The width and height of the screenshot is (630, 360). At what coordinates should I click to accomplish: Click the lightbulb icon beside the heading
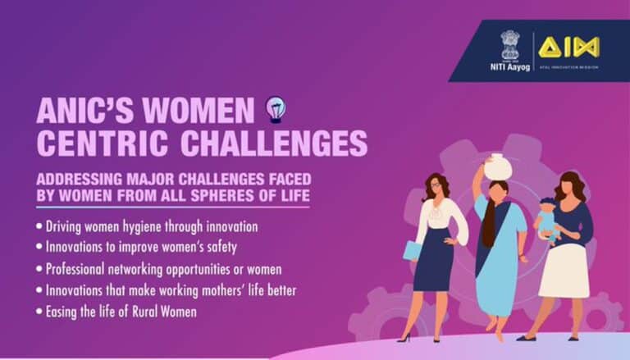[x=276, y=110]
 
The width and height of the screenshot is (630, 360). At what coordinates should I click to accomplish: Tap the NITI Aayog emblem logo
[x=510, y=43]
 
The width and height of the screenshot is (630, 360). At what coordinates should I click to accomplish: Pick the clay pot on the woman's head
[x=497, y=166]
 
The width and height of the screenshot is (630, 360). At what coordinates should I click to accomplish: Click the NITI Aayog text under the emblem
[x=510, y=65]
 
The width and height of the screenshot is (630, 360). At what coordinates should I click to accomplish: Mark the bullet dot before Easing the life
[x=40, y=312]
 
